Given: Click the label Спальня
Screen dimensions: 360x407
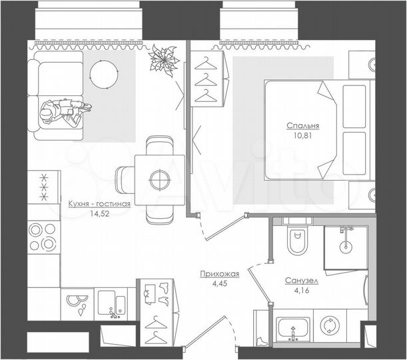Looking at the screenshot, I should click(303, 125).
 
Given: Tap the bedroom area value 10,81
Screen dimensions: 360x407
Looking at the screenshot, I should click(303, 135).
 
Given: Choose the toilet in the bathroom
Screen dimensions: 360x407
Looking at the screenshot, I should click(295, 240).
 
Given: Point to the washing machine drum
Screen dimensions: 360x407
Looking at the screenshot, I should click(330, 327).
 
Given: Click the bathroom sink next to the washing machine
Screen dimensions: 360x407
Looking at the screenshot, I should click(292, 327).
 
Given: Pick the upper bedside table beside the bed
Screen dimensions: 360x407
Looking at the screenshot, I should click(361, 65).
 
